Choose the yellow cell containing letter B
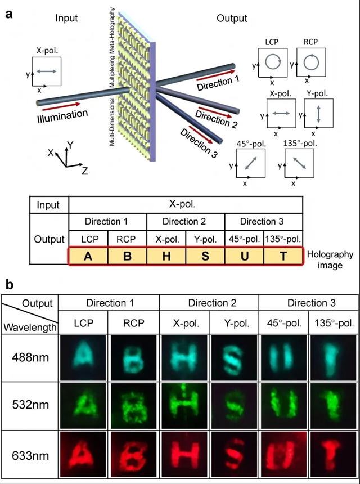(x=127, y=256)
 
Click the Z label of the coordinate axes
(x=84, y=171)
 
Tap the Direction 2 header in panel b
(x=209, y=303)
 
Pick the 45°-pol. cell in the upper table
(x=244, y=238)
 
